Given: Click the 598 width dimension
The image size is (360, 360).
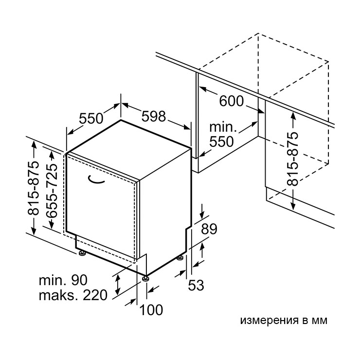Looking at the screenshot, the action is tap(153, 116).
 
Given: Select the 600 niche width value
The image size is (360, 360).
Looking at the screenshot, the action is tap(231, 101).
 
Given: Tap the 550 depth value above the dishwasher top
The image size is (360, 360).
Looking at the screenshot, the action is tap(91, 119).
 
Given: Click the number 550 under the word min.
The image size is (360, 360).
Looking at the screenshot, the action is tap(221, 142).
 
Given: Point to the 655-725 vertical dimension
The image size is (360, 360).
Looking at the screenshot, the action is tap(52, 191).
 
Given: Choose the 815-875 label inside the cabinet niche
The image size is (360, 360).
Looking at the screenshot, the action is tap(293, 159).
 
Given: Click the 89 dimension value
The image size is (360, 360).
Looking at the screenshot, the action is tap(209, 229).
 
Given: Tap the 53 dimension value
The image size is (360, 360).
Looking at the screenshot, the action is tap(196, 286).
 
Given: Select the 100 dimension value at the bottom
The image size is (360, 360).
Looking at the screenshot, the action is tap(151, 310).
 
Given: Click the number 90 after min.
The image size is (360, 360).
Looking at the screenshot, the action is tap(79, 280).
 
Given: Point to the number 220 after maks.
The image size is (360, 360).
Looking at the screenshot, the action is tap(95, 295).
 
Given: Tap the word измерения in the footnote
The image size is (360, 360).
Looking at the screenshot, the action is tap(270, 320).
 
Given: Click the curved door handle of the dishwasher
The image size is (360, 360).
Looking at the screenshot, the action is tap(96, 180).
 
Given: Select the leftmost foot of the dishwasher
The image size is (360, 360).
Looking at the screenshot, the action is tap(82, 253).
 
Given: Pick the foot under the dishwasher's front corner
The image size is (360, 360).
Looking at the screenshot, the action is tap(145, 278).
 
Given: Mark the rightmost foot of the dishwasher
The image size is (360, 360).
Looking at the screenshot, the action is tap(180, 258).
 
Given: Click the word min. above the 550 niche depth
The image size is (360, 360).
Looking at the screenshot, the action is tap(223, 127).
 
